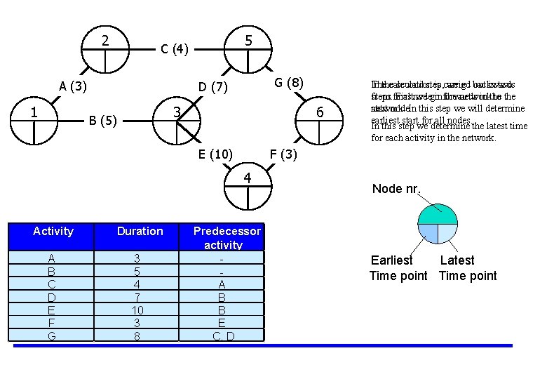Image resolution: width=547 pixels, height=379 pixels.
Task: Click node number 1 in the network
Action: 34,112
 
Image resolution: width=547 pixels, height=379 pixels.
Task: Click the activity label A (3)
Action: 73,86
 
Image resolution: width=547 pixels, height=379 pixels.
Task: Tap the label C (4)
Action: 174,49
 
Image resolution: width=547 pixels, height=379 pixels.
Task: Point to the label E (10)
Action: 216,154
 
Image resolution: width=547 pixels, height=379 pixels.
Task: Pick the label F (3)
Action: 283,154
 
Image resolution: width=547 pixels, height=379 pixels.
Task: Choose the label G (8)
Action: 288,83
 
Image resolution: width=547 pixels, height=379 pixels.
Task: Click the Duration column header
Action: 140,231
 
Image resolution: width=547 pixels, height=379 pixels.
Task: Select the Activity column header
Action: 53,231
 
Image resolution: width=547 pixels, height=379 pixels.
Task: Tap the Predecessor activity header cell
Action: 227,238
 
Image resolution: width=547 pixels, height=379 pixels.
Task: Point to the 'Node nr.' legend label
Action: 396,189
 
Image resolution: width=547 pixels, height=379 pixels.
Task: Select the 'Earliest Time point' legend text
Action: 398,268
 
